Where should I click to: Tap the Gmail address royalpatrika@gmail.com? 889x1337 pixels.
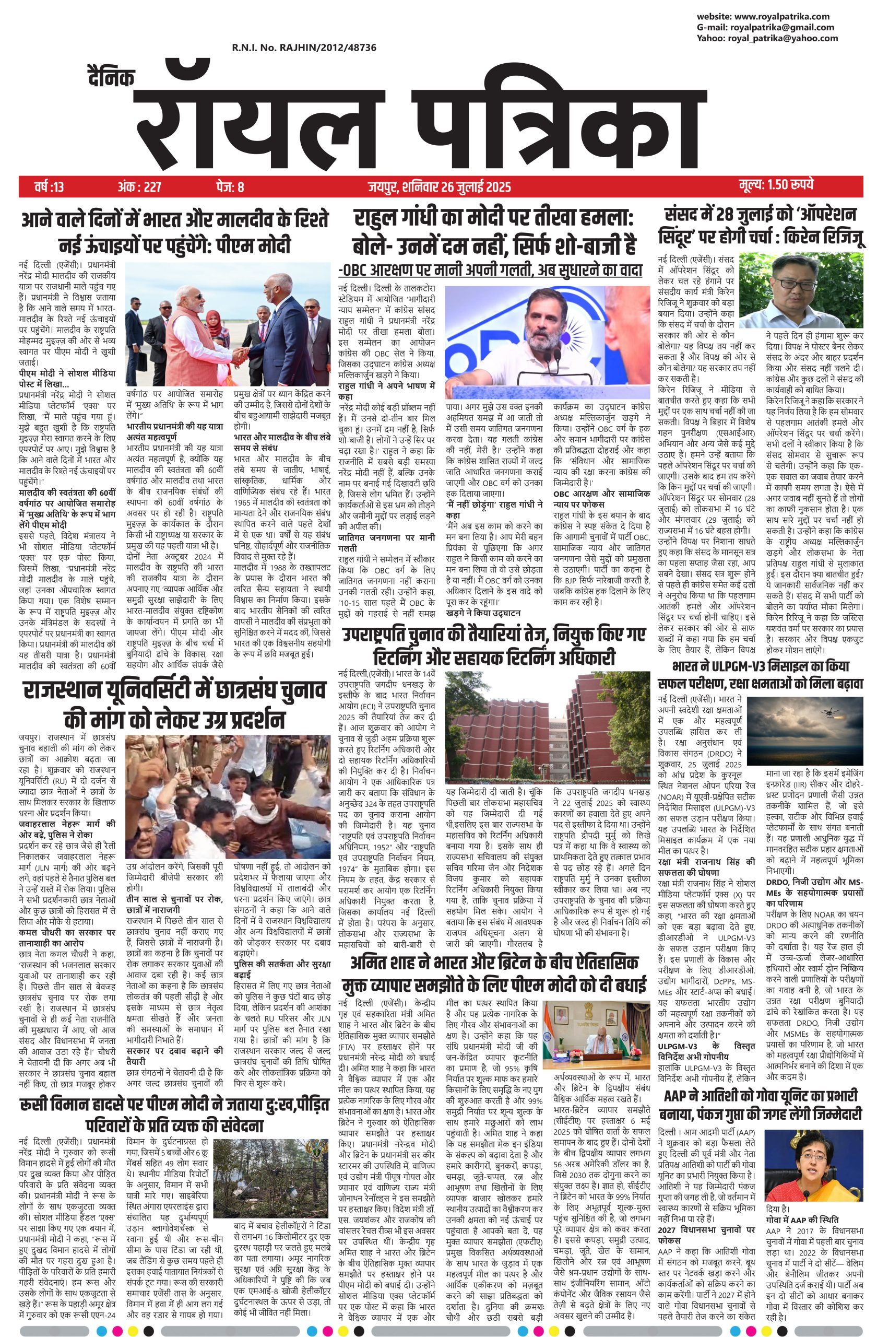(782, 27)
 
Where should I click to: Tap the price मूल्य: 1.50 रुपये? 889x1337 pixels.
(776, 185)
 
